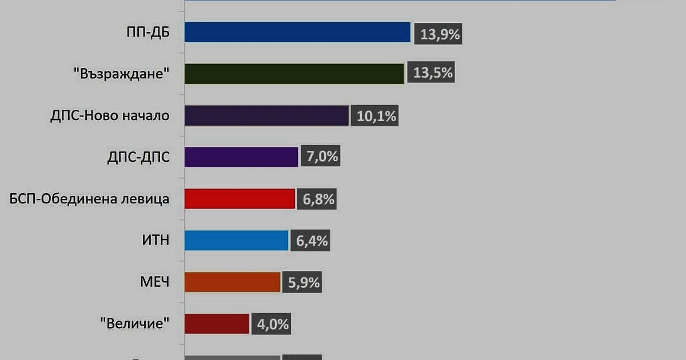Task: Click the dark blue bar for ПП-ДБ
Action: (297, 33)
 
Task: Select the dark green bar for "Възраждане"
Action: (294, 74)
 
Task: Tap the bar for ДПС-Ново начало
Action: (266, 115)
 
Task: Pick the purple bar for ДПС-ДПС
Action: (241, 157)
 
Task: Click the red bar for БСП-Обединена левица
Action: (240, 199)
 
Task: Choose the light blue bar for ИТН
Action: (236, 241)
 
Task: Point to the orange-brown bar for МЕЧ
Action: (232, 282)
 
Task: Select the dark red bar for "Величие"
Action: (217, 324)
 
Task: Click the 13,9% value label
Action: (440, 34)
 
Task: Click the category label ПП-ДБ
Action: (148, 33)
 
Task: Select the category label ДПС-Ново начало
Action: (110, 116)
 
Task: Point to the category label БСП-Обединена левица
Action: (90, 199)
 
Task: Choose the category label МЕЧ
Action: (155, 282)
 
